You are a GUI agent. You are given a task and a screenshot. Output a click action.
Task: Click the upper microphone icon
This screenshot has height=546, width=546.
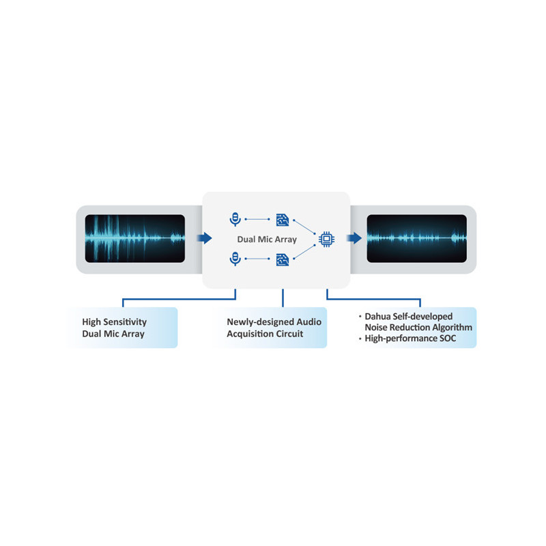pyautogui.click(x=235, y=218)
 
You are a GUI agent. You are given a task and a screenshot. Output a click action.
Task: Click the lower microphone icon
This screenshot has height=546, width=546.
pyautogui.click(x=235, y=259)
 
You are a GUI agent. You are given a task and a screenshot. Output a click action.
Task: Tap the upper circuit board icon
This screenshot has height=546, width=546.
pyautogui.click(x=282, y=219)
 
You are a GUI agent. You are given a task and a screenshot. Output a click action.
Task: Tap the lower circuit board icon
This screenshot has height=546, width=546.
pyautogui.click(x=282, y=259)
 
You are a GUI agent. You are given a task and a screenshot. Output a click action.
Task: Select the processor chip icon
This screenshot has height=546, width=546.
pyautogui.click(x=326, y=239)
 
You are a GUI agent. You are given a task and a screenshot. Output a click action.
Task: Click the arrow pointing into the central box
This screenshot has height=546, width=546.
pyautogui.click(x=204, y=238)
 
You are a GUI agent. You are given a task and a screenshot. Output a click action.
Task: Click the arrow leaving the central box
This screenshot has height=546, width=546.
pyautogui.click(x=354, y=238)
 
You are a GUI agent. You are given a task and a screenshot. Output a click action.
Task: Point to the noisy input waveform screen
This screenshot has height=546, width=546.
pyautogui.click(x=134, y=238)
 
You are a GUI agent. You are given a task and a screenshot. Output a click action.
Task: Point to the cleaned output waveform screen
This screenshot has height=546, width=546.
pyautogui.click(x=417, y=238)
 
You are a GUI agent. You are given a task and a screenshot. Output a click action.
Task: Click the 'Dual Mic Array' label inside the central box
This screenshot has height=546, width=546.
pyautogui.click(x=267, y=240)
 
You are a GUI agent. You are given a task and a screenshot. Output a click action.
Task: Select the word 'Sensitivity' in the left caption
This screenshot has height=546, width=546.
pyautogui.click(x=125, y=321)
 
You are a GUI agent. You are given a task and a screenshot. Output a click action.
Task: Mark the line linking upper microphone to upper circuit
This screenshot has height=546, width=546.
pyautogui.click(x=258, y=219)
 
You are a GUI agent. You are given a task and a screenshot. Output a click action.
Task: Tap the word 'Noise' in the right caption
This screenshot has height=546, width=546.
pyautogui.click(x=377, y=328)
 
